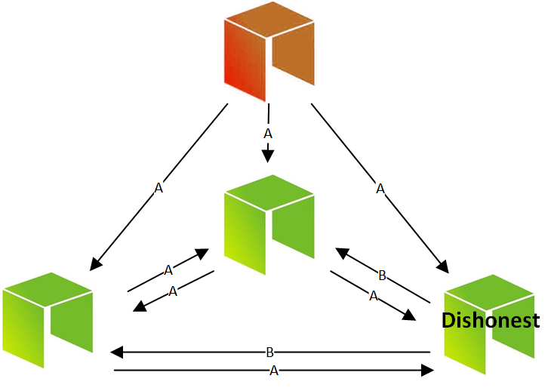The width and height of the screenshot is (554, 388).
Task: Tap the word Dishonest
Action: pos(491,320)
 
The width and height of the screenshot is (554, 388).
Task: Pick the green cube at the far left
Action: pos(48,319)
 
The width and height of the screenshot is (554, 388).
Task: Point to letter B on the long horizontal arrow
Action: pos(269,353)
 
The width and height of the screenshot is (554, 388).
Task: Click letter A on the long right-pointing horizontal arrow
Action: pos(274,371)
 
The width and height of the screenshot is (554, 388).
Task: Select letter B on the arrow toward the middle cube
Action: pos(382,276)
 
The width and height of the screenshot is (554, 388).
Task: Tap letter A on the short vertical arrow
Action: pos(267,134)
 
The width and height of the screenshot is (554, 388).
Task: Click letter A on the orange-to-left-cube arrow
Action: pos(159,189)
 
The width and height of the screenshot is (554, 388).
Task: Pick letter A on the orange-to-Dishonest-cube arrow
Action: pos(380,189)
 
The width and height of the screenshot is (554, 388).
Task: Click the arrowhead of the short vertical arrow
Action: pos(267,156)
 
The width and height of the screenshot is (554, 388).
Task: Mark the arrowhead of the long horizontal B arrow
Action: pos(115,353)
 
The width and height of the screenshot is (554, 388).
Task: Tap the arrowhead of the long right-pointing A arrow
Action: pos(428,371)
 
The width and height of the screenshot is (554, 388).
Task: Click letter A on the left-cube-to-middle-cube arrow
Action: pos(168,269)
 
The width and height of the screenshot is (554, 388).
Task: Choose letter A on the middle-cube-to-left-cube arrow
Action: pos(173,291)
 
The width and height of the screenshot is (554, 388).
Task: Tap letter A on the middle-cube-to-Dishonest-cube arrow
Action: pos(373,297)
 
